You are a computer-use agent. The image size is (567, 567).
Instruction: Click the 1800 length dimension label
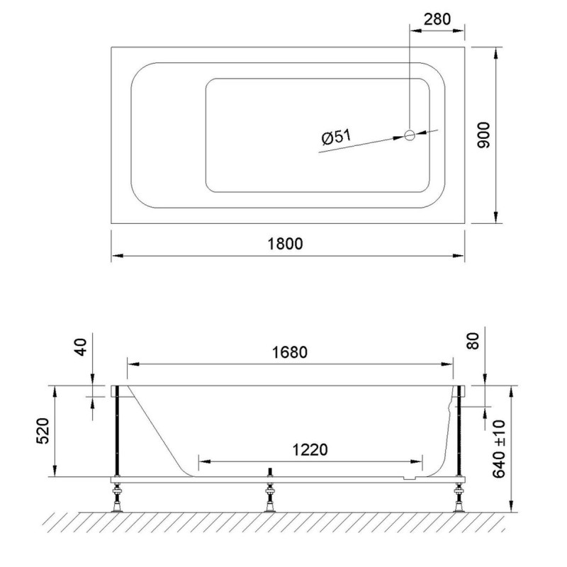pos(285,244)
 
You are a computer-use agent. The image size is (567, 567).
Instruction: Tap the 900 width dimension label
pos(483,135)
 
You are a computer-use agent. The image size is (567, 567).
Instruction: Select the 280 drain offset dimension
pos(437,19)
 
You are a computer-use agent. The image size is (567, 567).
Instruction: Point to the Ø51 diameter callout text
pos(336,137)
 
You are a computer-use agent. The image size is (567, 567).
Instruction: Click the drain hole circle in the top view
pos(410,135)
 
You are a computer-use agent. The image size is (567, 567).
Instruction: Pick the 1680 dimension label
pos(290,352)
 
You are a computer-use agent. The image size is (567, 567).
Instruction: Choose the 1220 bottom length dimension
pos(310,450)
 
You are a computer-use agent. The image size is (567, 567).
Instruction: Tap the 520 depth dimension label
pos(43,431)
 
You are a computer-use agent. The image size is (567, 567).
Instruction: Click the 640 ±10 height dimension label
pos(499,449)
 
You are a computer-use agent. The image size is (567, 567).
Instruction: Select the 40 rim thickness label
pos(81,347)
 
